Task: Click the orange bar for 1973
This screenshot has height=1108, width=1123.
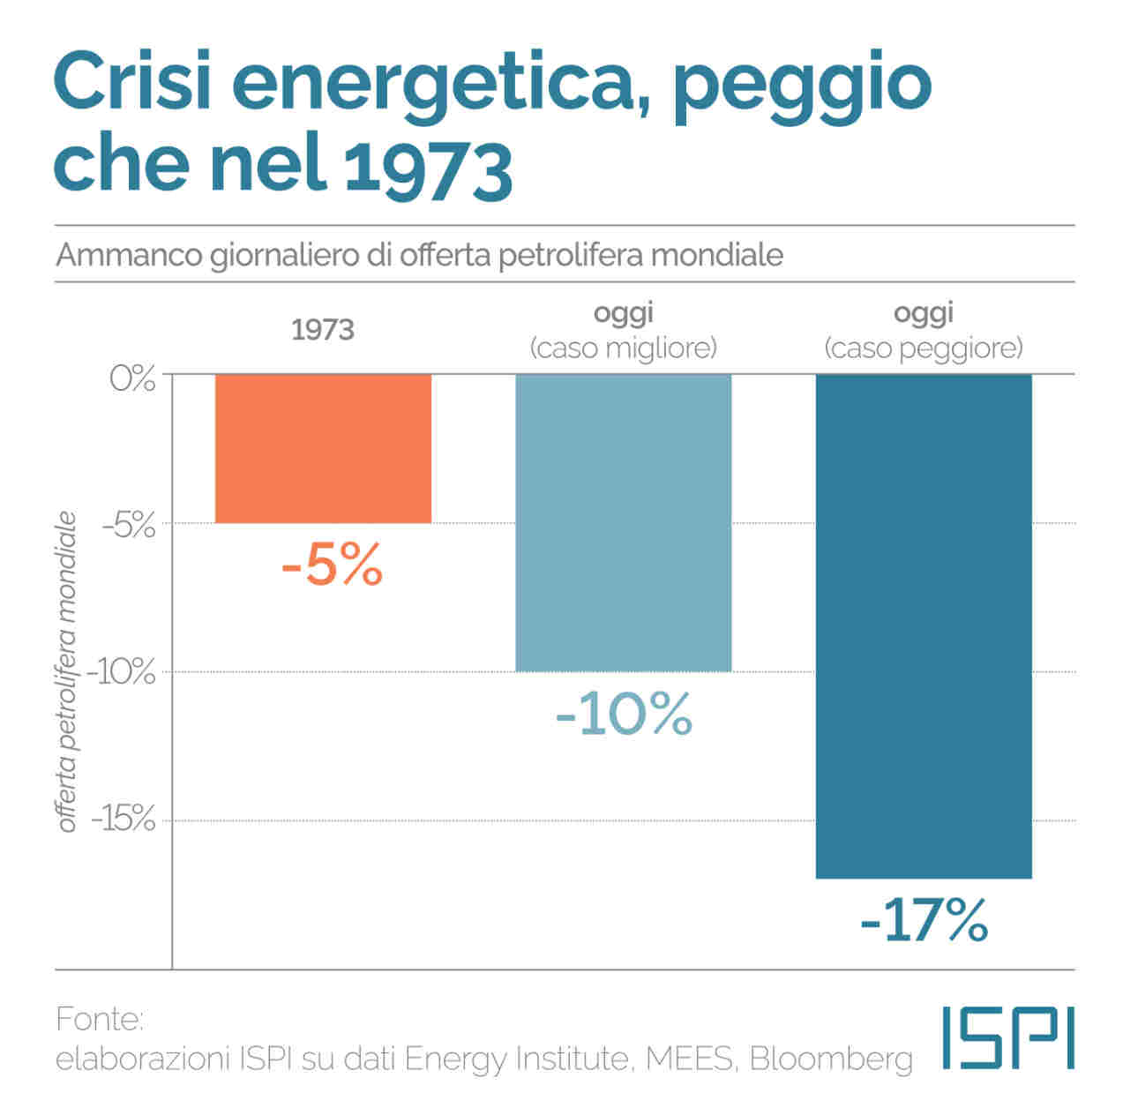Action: (323, 448)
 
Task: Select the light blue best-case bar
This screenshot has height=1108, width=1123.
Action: (624, 522)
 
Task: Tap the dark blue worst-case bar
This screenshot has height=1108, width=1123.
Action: (923, 625)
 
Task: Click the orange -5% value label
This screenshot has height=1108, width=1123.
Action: (332, 565)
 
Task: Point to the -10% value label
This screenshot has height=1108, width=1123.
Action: (624, 715)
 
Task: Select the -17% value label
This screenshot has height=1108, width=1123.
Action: (923, 921)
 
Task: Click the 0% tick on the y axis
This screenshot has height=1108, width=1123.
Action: (132, 379)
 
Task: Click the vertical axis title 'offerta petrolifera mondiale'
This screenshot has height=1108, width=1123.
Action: (69, 672)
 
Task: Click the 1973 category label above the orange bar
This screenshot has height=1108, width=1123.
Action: (323, 330)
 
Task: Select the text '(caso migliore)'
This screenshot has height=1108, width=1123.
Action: (624, 348)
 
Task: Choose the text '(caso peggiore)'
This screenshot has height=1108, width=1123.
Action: (923, 348)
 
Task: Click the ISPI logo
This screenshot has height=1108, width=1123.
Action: (1008, 1037)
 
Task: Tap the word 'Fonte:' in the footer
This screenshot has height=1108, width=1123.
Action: (99, 1020)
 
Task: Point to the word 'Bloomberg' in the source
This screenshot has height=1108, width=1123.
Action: (831, 1059)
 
